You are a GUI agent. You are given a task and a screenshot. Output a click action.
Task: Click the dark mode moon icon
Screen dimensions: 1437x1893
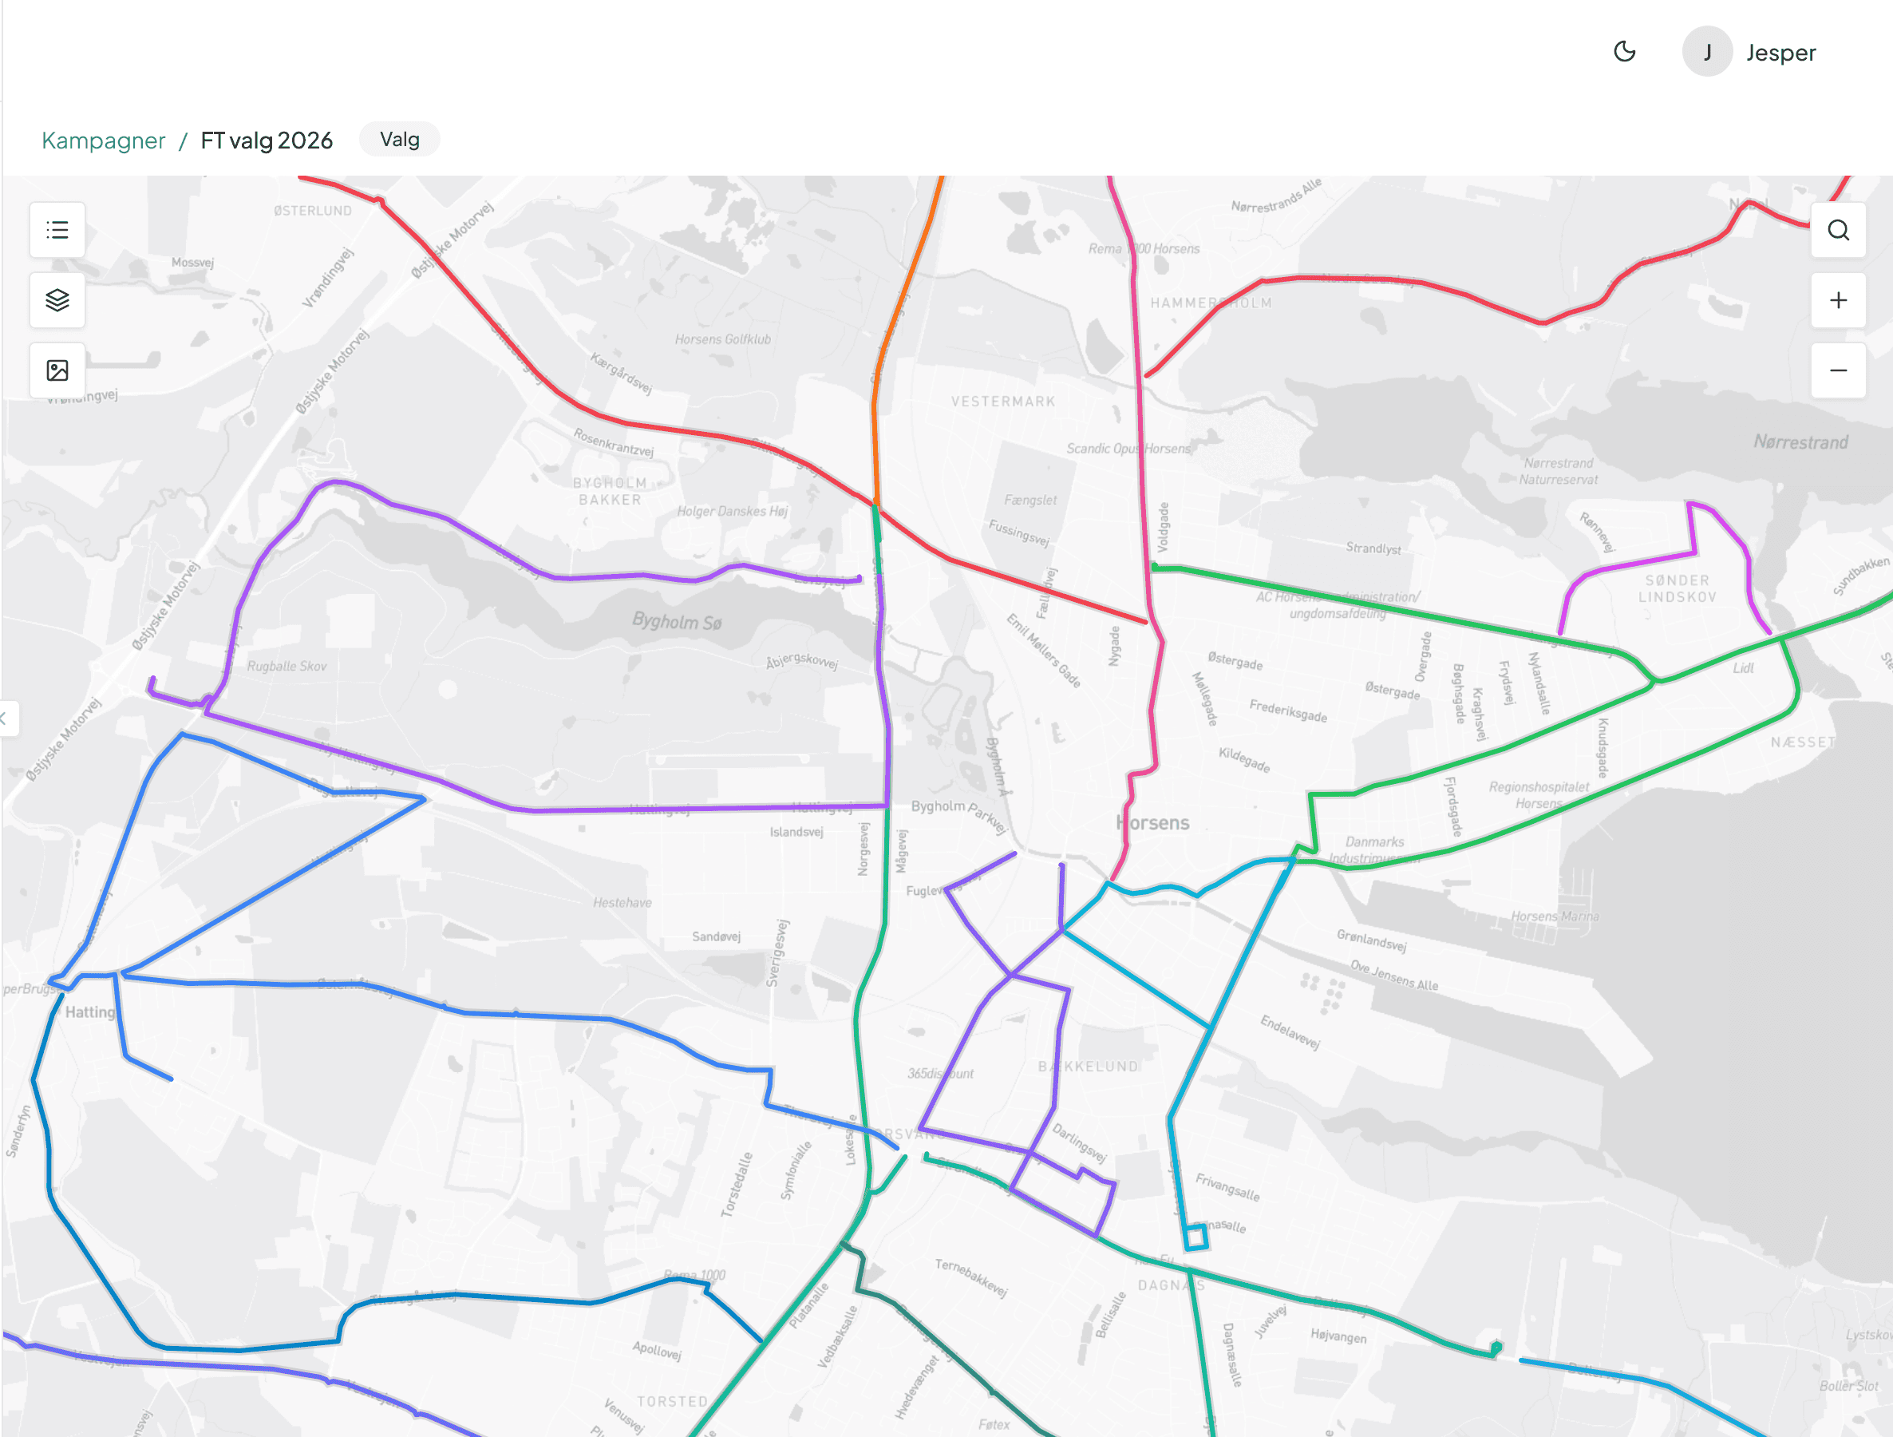click(1624, 52)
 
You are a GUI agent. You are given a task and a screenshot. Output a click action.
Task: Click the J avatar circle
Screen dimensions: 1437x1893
click(1707, 52)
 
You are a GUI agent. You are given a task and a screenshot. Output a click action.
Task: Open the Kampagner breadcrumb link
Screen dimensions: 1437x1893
click(104, 141)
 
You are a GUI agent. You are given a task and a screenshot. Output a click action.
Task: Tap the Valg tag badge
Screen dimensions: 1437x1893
click(400, 140)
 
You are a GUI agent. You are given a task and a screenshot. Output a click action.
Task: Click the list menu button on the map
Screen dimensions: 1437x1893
click(57, 230)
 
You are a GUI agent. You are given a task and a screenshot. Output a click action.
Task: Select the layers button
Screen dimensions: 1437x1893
click(57, 300)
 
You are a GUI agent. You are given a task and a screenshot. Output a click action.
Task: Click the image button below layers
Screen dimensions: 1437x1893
click(57, 370)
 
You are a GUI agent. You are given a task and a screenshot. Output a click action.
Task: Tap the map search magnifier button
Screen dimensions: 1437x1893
click(1838, 230)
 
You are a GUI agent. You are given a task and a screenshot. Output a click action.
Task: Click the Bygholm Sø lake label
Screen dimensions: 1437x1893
click(677, 622)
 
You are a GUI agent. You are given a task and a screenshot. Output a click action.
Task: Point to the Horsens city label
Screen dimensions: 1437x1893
click(1152, 823)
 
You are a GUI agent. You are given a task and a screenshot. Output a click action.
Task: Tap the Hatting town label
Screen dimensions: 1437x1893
click(90, 1011)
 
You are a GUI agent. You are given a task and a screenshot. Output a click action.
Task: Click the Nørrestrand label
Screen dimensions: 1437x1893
click(1800, 442)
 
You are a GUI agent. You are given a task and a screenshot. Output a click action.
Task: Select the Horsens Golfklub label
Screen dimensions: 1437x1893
click(722, 340)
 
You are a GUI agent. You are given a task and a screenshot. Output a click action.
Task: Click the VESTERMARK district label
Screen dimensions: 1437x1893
click(1003, 402)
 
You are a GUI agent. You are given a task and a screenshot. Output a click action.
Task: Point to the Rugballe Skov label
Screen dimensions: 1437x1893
click(287, 667)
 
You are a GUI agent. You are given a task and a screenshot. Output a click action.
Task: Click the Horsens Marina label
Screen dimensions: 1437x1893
click(1554, 916)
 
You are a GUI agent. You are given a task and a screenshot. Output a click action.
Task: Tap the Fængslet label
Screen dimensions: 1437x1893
click(1030, 500)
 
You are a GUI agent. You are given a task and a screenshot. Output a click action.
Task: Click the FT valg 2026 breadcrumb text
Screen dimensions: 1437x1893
click(266, 141)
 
